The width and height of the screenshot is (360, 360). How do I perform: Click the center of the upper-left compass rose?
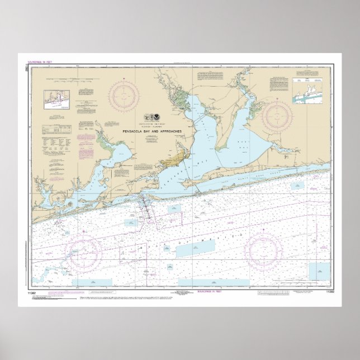coord(125,96)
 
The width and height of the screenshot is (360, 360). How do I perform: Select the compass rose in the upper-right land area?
coord(277,116)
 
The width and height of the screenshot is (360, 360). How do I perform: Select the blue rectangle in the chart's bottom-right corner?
coord(319,271)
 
